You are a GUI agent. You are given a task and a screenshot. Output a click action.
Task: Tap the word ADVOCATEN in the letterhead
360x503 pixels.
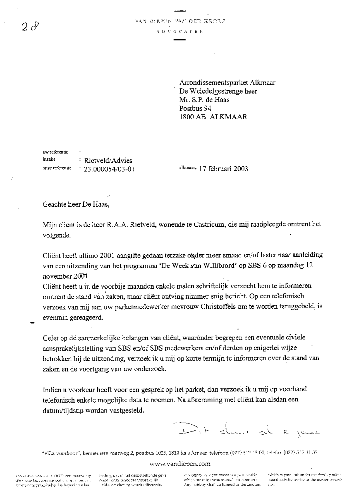[x=180, y=32]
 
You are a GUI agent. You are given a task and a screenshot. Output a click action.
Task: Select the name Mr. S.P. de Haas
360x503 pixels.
[x=204, y=100]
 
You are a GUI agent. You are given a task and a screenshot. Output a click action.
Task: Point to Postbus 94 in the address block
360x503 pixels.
[x=195, y=108]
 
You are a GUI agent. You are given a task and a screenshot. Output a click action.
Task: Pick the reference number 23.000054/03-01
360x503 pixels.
[x=108, y=169]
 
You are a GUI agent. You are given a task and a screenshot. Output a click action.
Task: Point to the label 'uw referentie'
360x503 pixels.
[x=55, y=152]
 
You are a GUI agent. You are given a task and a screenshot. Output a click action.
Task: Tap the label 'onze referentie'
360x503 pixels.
[x=57, y=168]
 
